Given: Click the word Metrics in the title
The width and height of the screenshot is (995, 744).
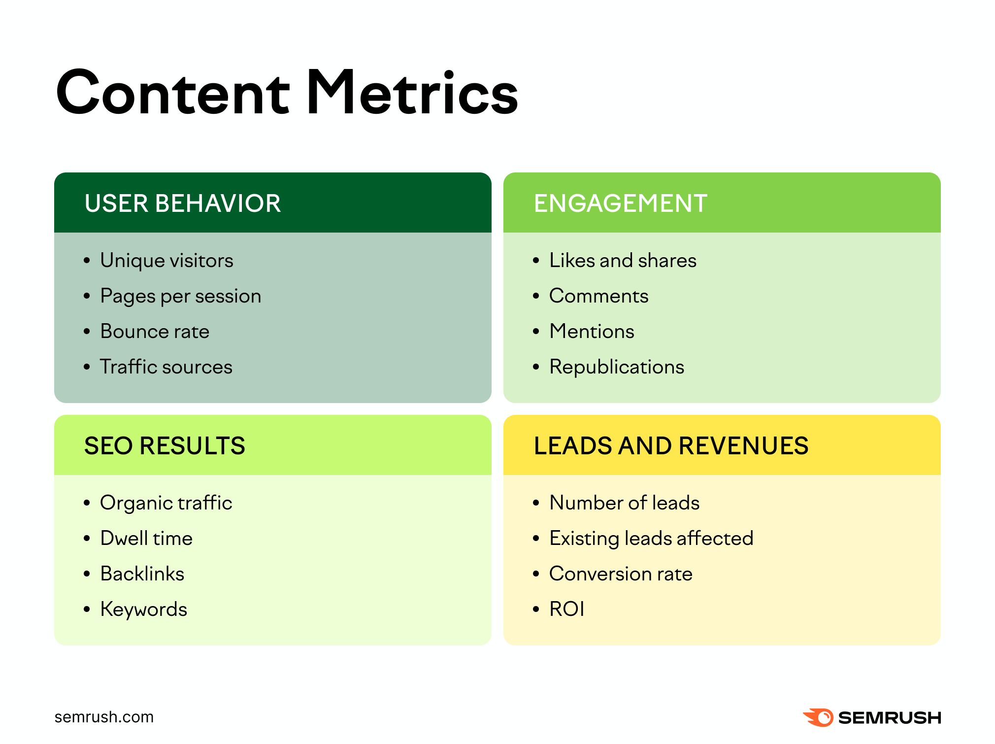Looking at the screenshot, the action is tap(412, 92).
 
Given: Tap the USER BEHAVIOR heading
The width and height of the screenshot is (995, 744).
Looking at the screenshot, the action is tap(183, 203).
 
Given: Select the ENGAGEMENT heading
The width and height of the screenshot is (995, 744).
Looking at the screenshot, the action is tap(621, 203).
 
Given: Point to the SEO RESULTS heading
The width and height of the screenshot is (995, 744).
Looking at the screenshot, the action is tap(165, 446).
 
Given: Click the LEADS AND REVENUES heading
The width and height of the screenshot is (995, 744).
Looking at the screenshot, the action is tap(671, 446).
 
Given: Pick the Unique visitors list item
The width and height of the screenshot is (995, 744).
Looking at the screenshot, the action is tap(166, 261).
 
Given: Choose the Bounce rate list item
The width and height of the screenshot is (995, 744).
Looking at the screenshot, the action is tap(155, 331).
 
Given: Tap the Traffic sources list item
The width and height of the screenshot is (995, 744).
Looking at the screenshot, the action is tap(166, 367).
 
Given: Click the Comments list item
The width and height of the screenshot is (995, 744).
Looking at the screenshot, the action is tap(598, 296).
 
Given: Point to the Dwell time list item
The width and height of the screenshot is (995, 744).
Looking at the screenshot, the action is tap(146, 538).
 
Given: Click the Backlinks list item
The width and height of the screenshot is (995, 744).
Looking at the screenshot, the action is tap(142, 574).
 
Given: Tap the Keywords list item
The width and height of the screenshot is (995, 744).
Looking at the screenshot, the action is tap(143, 609).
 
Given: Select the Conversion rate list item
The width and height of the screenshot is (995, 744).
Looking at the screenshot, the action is tap(621, 574).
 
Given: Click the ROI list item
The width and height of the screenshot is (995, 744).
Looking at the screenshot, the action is tap(566, 609).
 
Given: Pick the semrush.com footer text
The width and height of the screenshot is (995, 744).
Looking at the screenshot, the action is tap(104, 717).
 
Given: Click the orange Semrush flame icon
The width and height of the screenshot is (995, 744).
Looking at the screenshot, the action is tap(818, 717).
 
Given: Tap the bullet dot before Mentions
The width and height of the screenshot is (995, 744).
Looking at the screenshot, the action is tap(536, 332).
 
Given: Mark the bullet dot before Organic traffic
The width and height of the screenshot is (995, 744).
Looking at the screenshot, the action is tap(87, 503).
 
